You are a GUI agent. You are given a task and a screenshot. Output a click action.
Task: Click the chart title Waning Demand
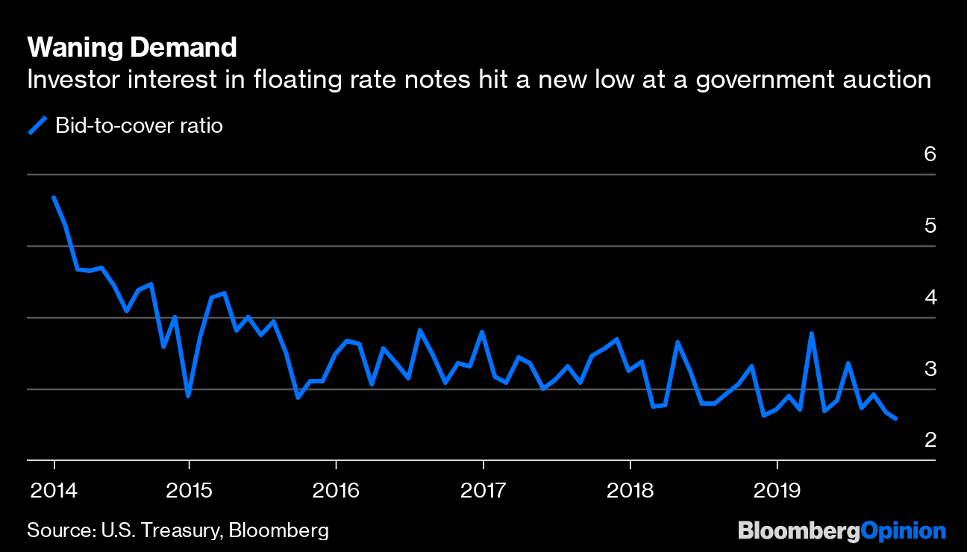click(132, 48)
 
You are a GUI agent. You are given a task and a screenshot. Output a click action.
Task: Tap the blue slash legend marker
click(37, 125)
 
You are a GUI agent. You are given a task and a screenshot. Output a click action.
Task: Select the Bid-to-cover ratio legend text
click(140, 125)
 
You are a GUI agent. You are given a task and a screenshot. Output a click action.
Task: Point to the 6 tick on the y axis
click(929, 154)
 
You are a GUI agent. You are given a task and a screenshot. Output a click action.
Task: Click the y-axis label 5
click(929, 226)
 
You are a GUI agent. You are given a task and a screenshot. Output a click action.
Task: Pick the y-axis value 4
click(929, 298)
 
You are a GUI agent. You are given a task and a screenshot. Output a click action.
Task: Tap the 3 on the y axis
click(929, 369)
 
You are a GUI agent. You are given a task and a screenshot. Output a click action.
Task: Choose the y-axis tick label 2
click(929, 440)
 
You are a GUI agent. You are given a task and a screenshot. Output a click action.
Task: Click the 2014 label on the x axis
click(53, 490)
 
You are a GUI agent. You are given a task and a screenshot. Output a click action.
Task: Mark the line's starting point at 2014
click(54, 198)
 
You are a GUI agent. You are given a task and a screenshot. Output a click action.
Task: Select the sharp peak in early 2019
click(811, 333)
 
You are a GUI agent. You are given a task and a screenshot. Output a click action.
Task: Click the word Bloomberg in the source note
click(278, 530)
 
